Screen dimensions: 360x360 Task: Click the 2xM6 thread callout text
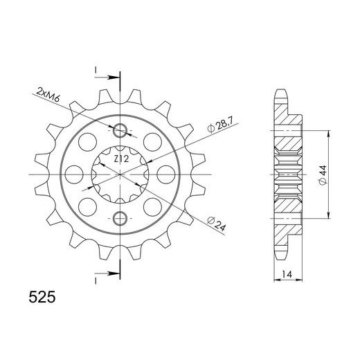click(48, 95)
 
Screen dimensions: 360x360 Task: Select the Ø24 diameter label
click(216, 224)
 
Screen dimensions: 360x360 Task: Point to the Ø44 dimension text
click(323, 175)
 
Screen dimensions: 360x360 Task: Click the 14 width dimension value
click(287, 274)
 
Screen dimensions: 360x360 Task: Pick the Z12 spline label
click(121, 159)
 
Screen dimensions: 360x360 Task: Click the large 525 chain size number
click(42, 297)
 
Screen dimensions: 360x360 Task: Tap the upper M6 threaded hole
click(120, 130)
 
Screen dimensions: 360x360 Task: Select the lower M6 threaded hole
click(120, 218)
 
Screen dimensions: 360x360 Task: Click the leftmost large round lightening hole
click(74, 174)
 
